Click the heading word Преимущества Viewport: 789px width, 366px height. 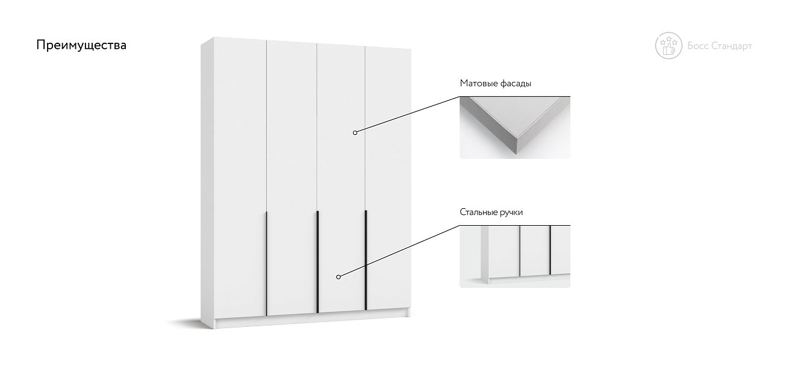[81, 45]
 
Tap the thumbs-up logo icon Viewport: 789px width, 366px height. [669, 46]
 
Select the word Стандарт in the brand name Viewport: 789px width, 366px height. [732, 46]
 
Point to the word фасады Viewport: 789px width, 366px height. [516, 84]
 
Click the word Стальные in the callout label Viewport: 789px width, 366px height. [478, 212]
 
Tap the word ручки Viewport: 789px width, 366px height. [511, 212]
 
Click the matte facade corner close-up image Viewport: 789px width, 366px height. [514, 128]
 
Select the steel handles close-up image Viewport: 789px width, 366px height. [514, 256]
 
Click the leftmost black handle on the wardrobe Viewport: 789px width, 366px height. [266, 263]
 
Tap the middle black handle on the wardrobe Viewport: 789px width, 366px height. [318, 262]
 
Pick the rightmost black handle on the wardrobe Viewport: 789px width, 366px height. [366, 261]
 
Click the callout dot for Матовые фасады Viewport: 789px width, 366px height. [355, 132]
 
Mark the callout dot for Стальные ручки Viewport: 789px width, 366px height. [338, 277]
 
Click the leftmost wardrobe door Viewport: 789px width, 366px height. [240, 178]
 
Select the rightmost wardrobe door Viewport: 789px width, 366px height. [388, 178]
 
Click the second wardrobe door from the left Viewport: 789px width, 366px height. [292, 178]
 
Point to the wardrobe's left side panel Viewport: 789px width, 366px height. [207, 183]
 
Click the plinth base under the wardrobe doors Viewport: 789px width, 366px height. [312, 319]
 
